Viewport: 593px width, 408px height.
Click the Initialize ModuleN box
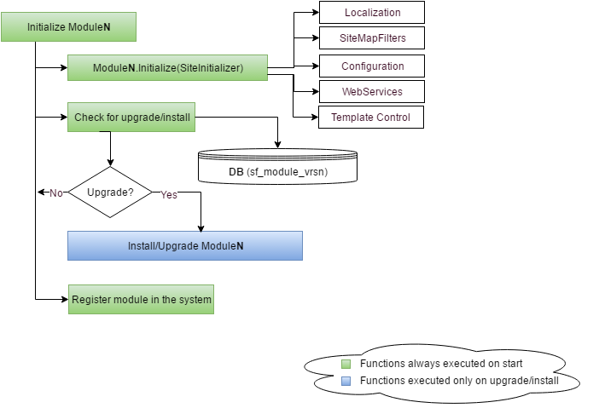coord(68,26)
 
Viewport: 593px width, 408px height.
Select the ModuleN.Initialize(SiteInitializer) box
coord(167,67)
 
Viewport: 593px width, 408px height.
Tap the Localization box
coord(372,14)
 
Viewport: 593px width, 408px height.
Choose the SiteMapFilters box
coord(372,38)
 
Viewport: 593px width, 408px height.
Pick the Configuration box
coord(372,66)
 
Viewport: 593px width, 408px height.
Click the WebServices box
coord(372,91)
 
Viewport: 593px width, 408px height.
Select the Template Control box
coord(372,117)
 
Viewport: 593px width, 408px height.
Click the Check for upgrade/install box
coord(131,118)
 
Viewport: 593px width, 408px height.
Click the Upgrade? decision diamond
coord(110,193)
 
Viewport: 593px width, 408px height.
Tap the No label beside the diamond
coord(56,193)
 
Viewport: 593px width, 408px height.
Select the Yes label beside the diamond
coord(169,194)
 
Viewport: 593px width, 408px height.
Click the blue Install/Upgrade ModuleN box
coord(185,245)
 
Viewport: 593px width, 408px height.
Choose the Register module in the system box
coord(141,300)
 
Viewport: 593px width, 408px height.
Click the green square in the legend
coord(346,364)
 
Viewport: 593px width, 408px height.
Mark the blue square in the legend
coord(346,381)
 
